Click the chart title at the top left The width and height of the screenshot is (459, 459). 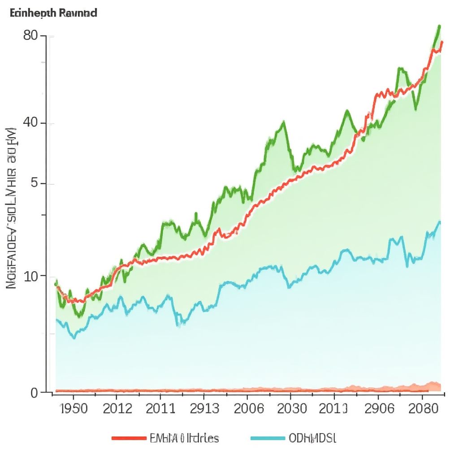pyautogui.click(x=53, y=13)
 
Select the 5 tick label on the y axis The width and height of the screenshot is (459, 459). pyautogui.click(x=37, y=184)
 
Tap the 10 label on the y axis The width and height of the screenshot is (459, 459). pyautogui.click(x=31, y=276)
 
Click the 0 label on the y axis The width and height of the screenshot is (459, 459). pyautogui.click(x=35, y=393)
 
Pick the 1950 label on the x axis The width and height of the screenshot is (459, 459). pyautogui.click(x=74, y=408)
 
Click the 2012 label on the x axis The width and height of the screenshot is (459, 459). pyautogui.click(x=117, y=408)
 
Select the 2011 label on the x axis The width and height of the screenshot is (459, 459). pyautogui.click(x=160, y=408)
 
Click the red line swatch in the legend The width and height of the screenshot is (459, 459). pyautogui.click(x=129, y=438)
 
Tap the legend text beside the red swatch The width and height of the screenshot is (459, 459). pyautogui.click(x=185, y=438)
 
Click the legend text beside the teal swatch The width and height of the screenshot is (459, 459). pyautogui.click(x=313, y=438)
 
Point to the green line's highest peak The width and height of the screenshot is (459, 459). pyautogui.click(x=439, y=26)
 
